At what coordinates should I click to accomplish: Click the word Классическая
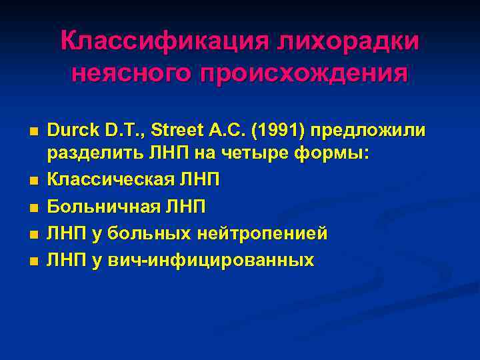[111, 180]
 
